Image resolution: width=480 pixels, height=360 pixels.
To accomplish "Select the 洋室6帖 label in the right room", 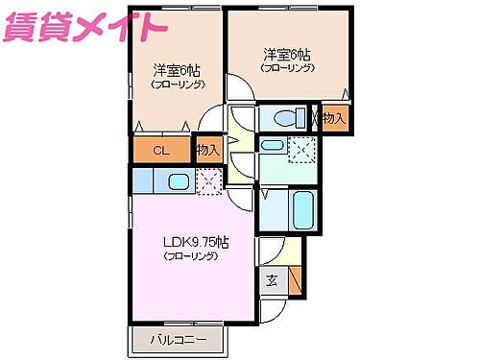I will coord(285,54).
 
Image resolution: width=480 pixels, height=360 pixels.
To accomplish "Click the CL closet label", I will coord(160,150).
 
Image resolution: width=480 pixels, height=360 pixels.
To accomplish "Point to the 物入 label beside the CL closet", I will coord(208,150).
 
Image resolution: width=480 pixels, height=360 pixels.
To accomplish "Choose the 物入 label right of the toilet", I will coord(333,119).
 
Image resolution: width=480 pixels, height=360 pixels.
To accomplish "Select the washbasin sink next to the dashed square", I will coord(273,146).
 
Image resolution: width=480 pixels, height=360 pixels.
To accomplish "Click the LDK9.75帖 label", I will coord(194,243).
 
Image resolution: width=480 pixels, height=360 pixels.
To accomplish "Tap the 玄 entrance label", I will coord(272,281).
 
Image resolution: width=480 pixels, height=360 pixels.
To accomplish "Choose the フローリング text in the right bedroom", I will coord(285,67).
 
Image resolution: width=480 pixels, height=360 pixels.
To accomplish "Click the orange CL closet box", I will coord(160,150).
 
